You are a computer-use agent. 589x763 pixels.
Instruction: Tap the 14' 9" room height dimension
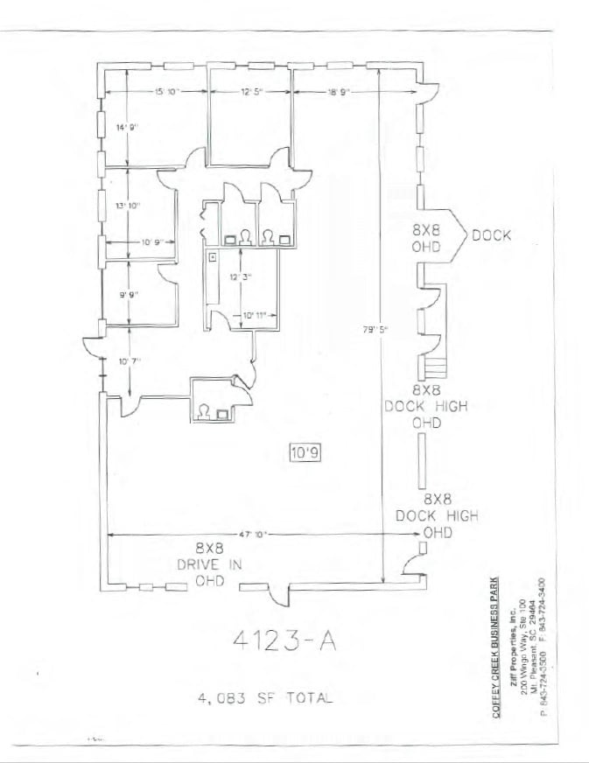(128, 128)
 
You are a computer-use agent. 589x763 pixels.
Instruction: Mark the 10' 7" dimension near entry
(128, 360)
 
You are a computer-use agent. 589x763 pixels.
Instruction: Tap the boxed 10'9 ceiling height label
(304, 452)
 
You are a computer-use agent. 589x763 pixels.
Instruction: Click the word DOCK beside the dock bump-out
(492, 234)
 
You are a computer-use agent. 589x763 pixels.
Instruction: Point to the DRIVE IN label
(210, 564)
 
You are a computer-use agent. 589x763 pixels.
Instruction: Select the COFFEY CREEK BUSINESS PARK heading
(496, 647)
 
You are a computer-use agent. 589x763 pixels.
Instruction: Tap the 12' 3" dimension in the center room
(241, 276)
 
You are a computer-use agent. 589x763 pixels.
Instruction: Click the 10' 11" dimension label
(254, 313)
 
